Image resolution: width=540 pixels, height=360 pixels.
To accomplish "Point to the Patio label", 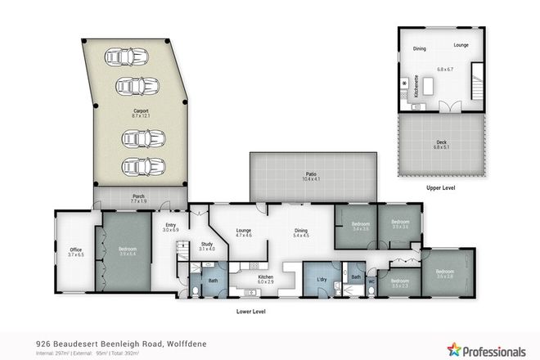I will point(311,173).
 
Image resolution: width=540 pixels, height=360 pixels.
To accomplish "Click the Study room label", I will point(205,244).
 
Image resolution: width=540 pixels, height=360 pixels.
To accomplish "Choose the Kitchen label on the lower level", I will point(266,277).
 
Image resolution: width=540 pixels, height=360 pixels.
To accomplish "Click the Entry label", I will point(171,226).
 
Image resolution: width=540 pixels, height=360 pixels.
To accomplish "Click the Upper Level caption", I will point(439,187).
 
